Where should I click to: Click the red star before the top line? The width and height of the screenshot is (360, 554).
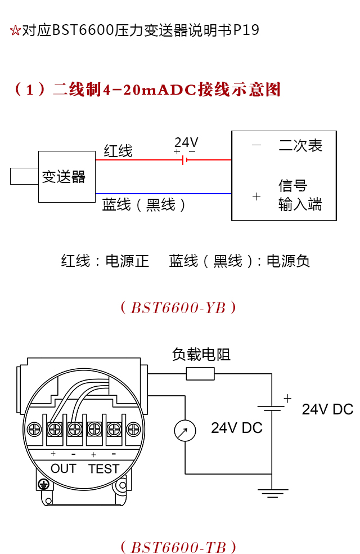click(x=15, y=30)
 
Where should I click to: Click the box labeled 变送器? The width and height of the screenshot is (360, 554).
click(x=66, y=177)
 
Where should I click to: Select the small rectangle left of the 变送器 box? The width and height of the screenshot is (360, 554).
click(x=24, y=176)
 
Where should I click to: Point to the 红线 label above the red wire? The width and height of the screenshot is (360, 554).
click(x=118, y=151)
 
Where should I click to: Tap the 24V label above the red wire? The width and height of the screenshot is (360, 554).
click(x=186, y=142)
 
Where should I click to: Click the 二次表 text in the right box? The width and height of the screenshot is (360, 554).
click(x=300, y=146)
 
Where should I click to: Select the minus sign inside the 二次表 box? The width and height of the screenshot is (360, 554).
click(x=256, y=145)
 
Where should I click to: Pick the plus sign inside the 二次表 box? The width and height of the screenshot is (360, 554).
click(x=256, y=196)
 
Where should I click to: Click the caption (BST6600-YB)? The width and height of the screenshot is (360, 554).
click(x=178, y=308)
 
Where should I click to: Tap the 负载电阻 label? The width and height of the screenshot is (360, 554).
click(x=201, y=355)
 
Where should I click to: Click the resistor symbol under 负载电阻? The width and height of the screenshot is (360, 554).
click(x=200, y=373)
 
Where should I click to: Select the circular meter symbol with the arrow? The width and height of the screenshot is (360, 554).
click(x=185, y=431)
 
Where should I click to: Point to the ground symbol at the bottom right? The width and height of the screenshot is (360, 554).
click(x=272, y=494)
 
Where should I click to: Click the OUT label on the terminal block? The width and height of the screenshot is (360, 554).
click(x=63, y=468)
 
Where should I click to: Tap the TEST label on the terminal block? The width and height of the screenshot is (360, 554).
click(x=103, y=468)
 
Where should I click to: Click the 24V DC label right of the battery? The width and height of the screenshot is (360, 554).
click(x=327, y=409)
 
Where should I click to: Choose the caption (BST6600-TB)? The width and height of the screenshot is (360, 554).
click(x=178, y=547)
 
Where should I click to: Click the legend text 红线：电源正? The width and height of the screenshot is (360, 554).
click(x=105, y=261)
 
